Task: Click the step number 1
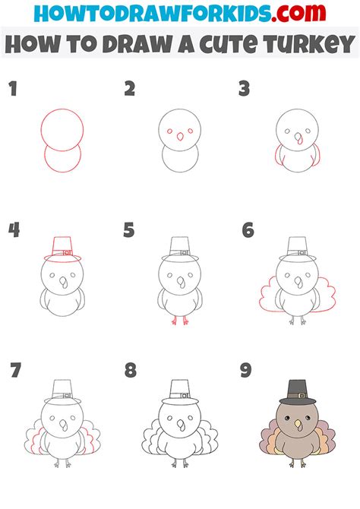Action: (x=13, y=89)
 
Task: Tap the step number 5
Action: (x=129, y=230)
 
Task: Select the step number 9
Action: (x=246, y=370)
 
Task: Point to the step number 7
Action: (x=16, y=370)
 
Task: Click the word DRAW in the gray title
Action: (x=139, y=44)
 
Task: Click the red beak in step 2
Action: (x=179, y=137)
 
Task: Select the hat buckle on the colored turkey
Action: (x=302, y=396)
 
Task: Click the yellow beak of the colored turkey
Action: (x=297, y=423)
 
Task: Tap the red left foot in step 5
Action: (x=175, y=321)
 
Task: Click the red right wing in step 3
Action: (x=317, y=156)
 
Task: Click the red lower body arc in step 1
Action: (x=62, y=172)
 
